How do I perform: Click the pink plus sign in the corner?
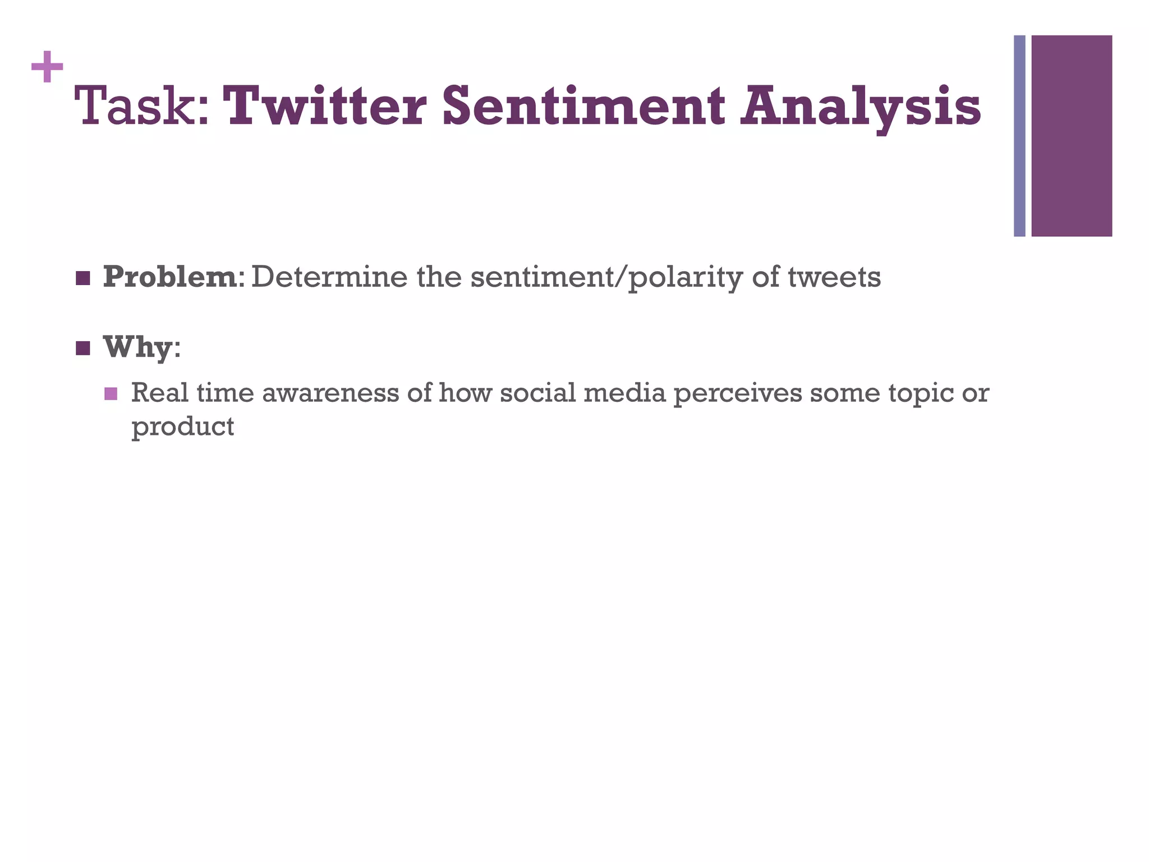point(47,67)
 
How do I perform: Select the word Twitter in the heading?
point(328,107)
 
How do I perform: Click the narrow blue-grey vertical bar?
point(1019,136)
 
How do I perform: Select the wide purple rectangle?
point(1072,136)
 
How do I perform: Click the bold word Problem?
point(170,277)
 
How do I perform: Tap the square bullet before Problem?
point(83,278)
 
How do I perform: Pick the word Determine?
point(330,277)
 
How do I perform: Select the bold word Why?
point(137,347)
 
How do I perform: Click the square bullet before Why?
point(83,349)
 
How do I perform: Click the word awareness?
point(331,393)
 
